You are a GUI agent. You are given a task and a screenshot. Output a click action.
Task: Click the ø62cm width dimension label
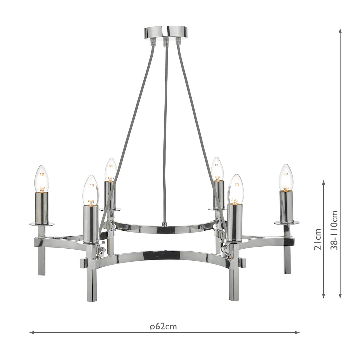click(163, 327)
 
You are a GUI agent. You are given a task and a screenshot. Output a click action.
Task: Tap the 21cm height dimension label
click(317, 239)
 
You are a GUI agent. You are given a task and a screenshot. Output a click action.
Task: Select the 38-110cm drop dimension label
click(334, 230)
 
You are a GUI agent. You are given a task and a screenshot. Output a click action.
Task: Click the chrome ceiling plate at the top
click(166, 32)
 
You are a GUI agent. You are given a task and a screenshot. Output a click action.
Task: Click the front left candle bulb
click(91, 190)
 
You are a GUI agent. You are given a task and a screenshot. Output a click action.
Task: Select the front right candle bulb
click(235, 189)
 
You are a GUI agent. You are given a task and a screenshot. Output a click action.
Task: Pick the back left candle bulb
click(111, 170)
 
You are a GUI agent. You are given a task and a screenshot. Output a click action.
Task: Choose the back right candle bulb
click(217, 169)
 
